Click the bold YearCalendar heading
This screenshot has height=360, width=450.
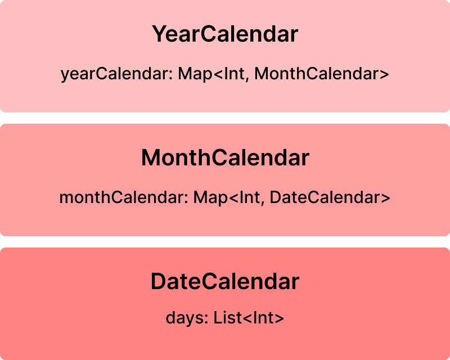(225, 34)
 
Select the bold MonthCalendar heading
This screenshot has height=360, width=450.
(226, 157)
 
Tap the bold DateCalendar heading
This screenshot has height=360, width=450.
(225, 281)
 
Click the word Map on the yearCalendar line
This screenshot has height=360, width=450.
(195, 74)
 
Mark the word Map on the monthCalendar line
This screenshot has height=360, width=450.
(210, 198)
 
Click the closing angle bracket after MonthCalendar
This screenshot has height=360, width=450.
(385, 74)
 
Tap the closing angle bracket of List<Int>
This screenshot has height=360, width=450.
(279, 318)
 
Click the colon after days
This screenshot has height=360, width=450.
(206, 319)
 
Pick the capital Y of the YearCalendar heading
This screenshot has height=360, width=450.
(160, 34)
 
